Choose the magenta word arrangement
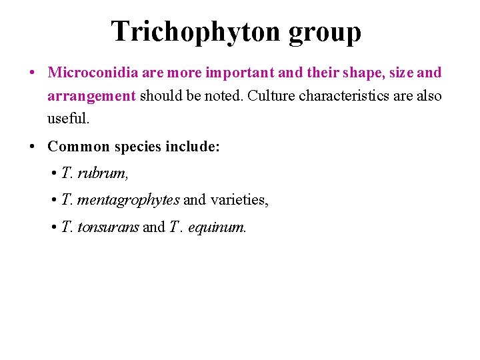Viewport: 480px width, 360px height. (91, 97)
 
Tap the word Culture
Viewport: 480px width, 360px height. (271, 96)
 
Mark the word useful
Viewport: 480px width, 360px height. (68, 119)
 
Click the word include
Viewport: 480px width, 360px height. (193, 147)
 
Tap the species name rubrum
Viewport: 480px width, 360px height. (103, 173)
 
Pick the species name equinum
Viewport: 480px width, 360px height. (217, 228)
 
